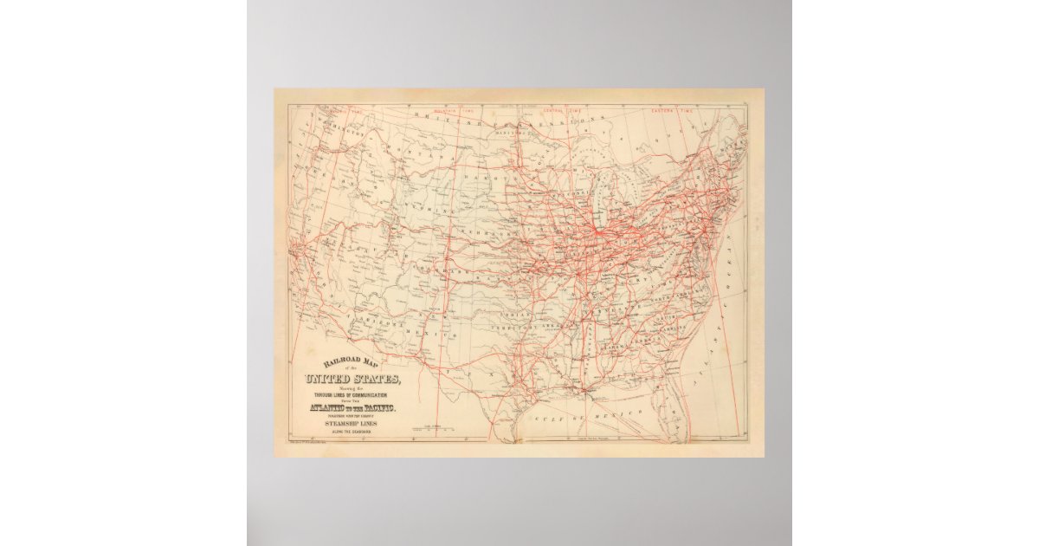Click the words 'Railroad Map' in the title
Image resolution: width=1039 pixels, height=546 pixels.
point(352,364)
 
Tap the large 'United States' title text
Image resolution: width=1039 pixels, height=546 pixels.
point(352,380)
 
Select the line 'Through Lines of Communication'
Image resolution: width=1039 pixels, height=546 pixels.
point(352,394)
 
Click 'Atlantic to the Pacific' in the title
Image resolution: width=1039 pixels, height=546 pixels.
point(351,408)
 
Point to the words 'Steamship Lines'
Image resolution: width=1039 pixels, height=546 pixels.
point(351,423)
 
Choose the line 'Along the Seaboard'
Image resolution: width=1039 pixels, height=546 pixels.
point(351,431)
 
